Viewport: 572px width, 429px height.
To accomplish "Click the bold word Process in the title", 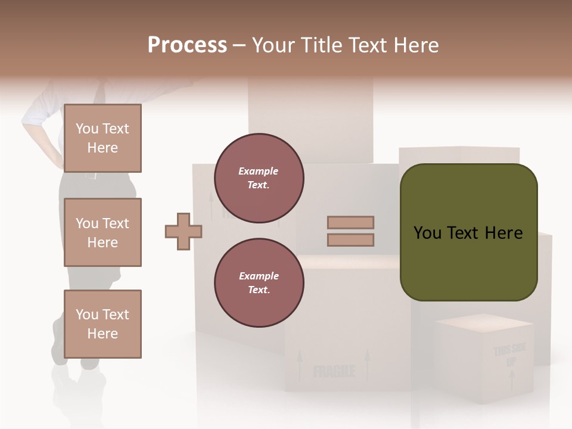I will [187, 45].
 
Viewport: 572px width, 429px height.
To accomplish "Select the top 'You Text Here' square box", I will [102, 138].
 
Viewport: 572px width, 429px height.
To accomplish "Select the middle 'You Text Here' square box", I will [102, 232].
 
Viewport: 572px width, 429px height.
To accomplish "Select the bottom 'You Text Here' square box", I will [102, 324].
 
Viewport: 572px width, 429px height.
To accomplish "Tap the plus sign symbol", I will [184, 231].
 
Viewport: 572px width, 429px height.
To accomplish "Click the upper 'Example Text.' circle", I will [259, 178].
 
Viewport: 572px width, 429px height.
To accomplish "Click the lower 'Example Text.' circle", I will [259, 283].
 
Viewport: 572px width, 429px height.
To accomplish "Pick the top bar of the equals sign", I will [350, 223].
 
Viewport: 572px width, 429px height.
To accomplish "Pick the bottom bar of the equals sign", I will [350, 240].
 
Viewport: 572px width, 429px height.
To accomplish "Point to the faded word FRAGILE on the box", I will [334, 372].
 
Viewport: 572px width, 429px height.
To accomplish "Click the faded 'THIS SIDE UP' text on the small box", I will [510, 355].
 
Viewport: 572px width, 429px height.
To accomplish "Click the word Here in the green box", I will [503, 233].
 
